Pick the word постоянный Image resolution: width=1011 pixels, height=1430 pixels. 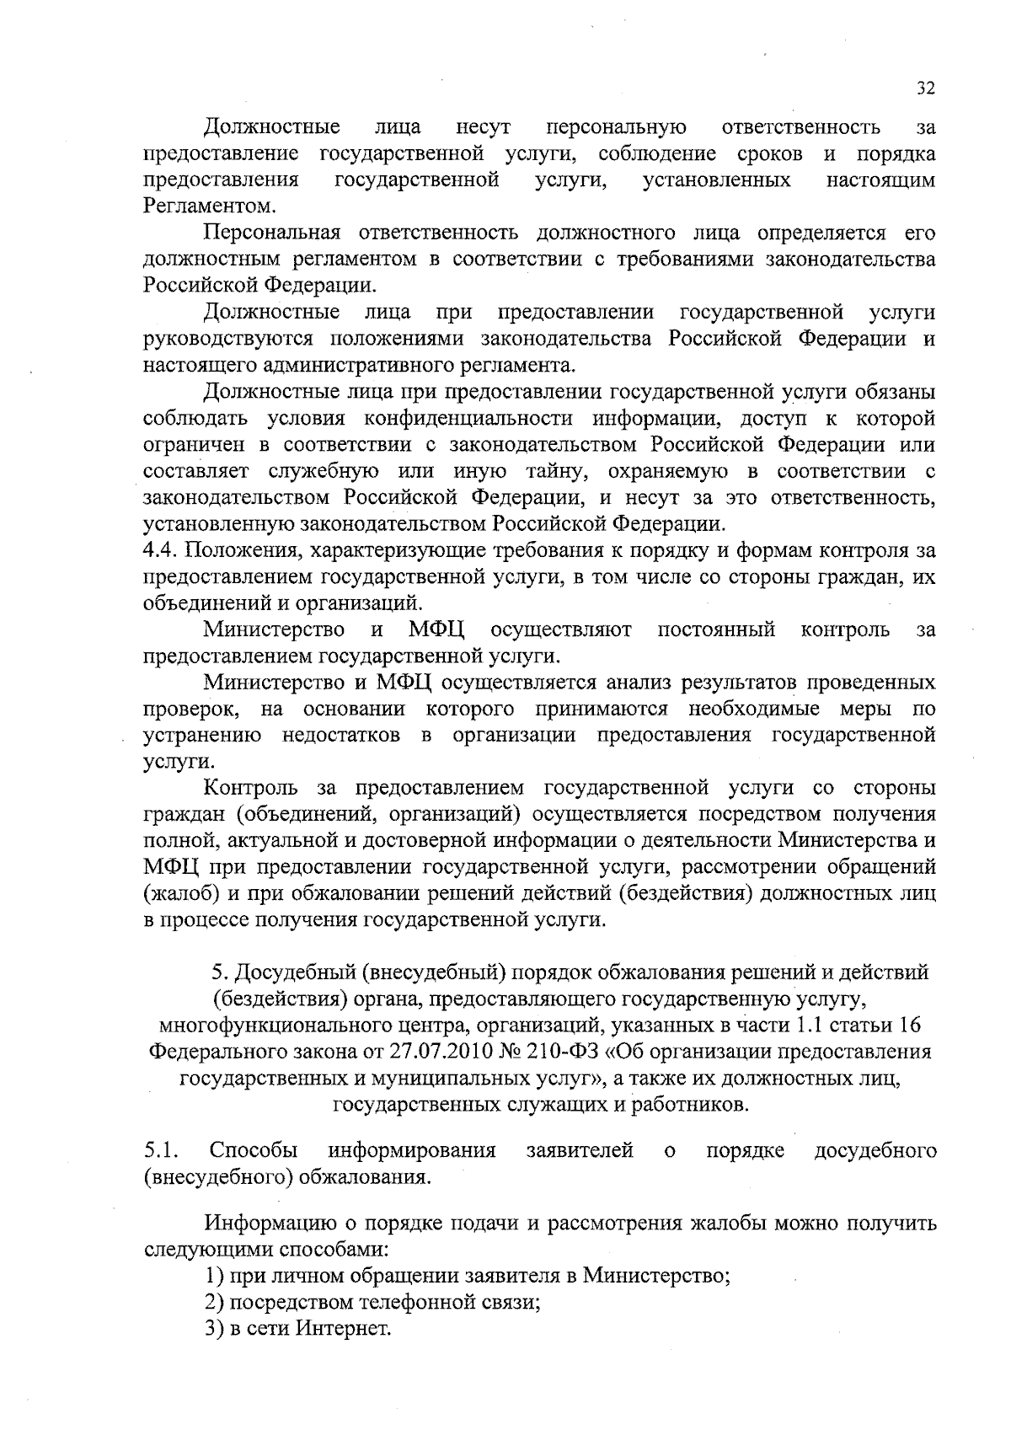(716, 629)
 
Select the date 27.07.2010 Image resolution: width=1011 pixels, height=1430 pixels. (436, 1052)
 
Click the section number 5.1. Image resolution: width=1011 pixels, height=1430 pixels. (158, 1151)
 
